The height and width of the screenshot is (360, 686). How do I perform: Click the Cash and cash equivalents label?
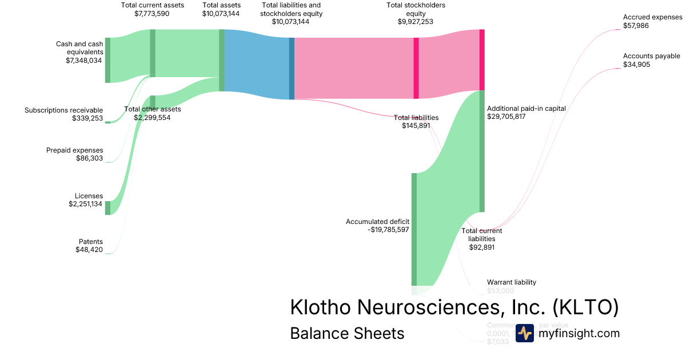[79, 48]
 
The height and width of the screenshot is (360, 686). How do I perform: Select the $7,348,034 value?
[85, 60]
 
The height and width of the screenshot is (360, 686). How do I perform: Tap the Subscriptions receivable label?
[63, 110]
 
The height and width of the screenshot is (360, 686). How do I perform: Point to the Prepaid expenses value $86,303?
[89, 158]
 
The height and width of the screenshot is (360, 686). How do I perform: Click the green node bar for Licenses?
[107, 207]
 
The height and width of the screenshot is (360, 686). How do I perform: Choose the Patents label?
[90, 242]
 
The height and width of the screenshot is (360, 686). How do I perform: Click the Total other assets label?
[152, 109]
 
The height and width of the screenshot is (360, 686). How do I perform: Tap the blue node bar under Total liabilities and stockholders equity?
[292, 69]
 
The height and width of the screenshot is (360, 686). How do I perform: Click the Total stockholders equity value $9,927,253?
[416, 22]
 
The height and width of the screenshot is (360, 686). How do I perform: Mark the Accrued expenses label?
[652, 17]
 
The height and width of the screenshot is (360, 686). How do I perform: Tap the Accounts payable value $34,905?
[636, 65]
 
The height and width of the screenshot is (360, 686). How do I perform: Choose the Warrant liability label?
[512, 282]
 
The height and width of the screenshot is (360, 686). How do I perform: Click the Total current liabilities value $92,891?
[481, 247]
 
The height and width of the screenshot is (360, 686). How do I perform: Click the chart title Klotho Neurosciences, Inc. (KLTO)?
[454, 307]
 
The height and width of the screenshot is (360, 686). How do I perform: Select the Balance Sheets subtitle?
[347, 333]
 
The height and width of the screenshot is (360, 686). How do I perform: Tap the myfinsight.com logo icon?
[524, 333]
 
